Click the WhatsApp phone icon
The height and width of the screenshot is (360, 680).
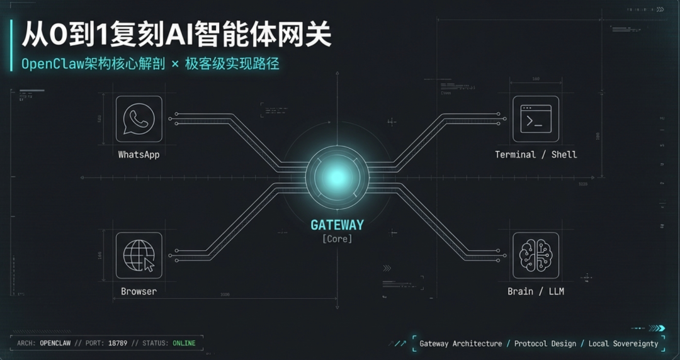pos(139,119)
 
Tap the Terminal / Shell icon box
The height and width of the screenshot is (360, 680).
pos(536,119)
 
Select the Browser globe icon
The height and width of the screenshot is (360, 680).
pos(139,255)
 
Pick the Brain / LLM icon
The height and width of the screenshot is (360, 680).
pos(536,255)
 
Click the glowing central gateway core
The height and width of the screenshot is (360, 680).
pos(336,177)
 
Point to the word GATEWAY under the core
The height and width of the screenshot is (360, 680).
pos(337,225)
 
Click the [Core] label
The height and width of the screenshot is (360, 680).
pos(337,239)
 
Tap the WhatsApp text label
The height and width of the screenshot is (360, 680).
pos(139,154)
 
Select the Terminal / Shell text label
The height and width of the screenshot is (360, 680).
pos(536,154)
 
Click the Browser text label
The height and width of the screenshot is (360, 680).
pos(139,291)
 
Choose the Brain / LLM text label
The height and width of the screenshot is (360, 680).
pos(536,291)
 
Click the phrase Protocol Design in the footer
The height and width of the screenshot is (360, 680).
pos(545,344)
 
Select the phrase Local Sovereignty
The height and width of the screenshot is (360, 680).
pos(623,344)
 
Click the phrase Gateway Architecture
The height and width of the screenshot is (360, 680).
pos(461,344)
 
